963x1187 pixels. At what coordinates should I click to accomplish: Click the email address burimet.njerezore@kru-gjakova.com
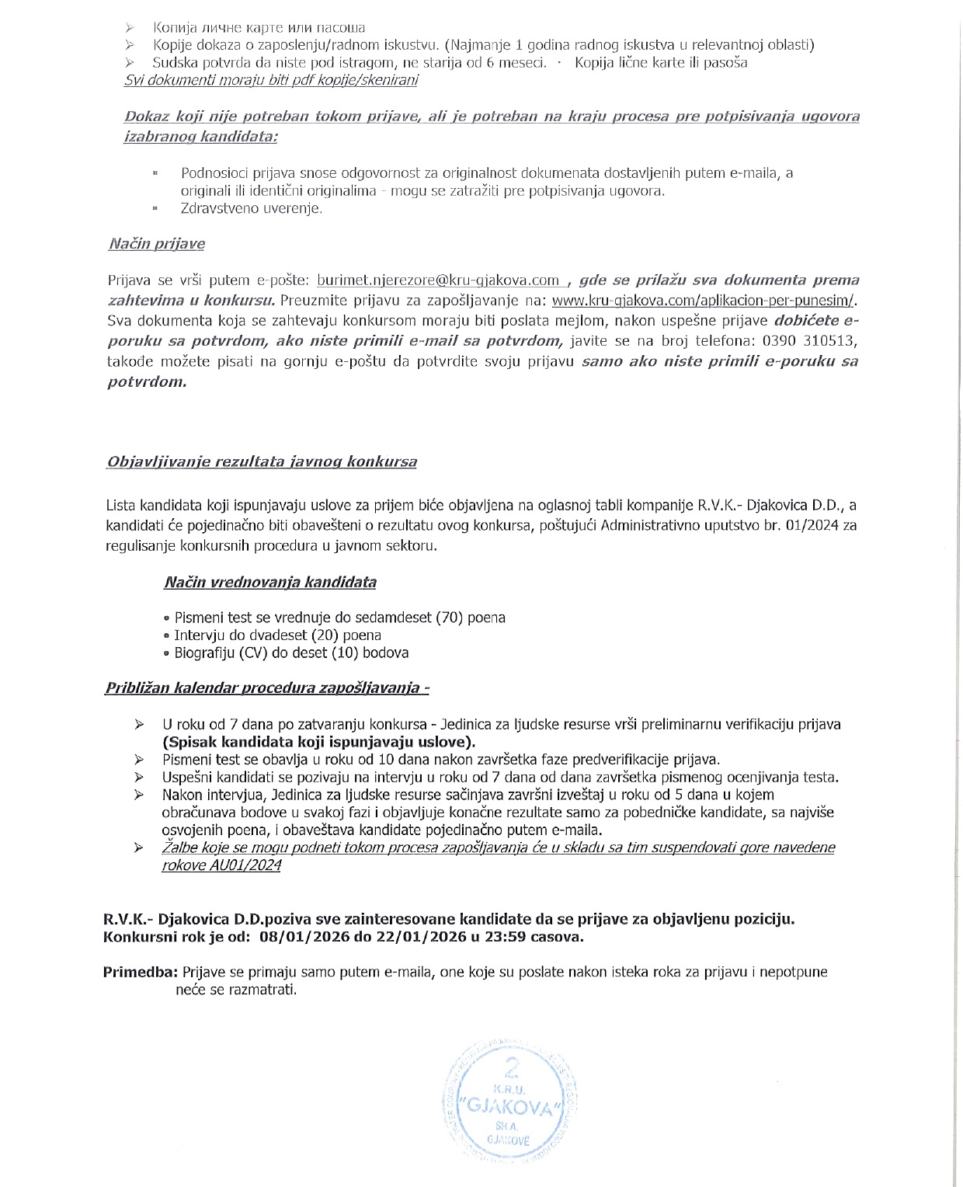(x=439, y=280)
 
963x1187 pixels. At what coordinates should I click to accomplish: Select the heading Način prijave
(x=156, y=244)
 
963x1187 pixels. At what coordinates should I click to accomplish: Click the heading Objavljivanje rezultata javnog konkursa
(x=261, y=461)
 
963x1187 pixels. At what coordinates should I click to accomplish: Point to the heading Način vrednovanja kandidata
(x=269, y=582)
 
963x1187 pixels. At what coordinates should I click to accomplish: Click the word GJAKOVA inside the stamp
(x=510, y=1107)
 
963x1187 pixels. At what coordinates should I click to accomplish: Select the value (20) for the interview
(x=324, y=635)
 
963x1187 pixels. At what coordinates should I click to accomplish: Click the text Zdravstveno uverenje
(x=251, y=208)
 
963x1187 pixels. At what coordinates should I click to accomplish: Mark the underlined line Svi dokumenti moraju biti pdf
(x=271, y=81)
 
